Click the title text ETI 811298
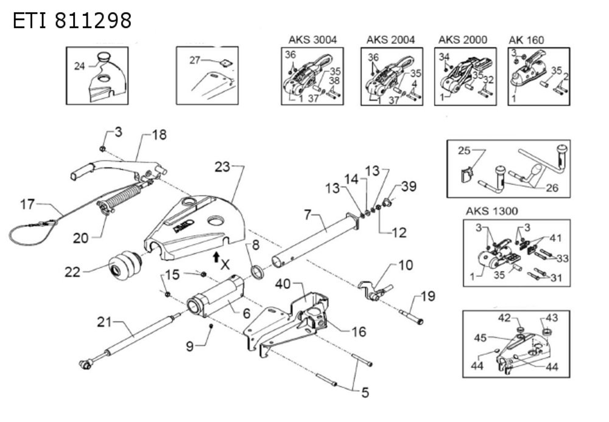(x=72, y=21)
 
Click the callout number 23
(x=223, y=166)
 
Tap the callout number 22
(x=72, y=273)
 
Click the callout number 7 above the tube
(x=309, y=215)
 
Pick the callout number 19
(x=428, y=297)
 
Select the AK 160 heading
(x=526, y=40)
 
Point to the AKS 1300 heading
(x=491, y=211)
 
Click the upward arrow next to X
(x=216, y=256)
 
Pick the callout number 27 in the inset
(x=195, y=60)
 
